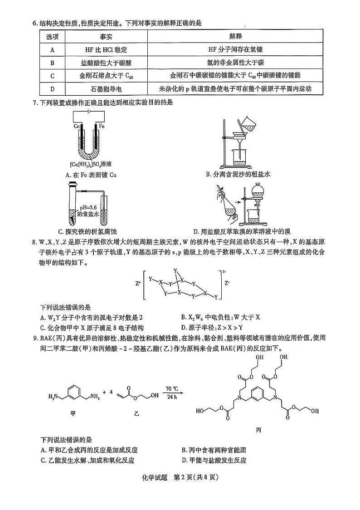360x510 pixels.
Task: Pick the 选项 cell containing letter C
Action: click(x=53, y=75)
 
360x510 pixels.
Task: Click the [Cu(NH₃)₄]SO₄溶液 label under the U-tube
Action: click(x=88, y=164)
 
